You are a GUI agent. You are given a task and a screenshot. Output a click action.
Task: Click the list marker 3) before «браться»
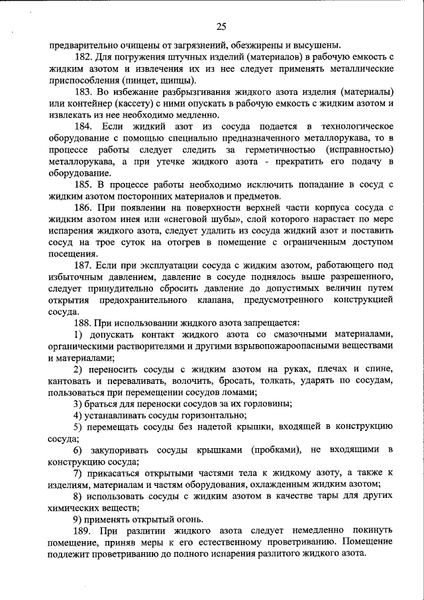[78, 403]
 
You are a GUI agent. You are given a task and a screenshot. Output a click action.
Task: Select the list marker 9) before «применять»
[78, 518]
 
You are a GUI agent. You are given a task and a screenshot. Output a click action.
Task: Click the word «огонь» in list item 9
[190, 518]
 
